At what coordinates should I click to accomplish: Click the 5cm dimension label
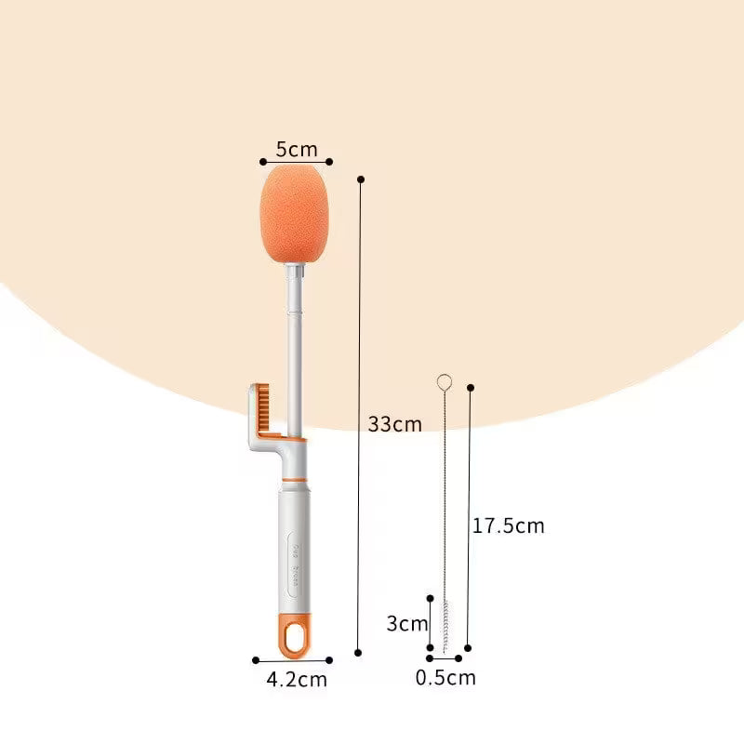(297, 149)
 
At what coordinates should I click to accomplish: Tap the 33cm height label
(394, 424)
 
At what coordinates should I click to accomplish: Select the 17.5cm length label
(508, 525)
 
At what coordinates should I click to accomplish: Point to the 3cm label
(407, 623)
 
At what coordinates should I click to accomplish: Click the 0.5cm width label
(445, 678)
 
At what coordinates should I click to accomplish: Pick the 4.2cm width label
(297, 680)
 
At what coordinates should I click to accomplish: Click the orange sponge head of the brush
(297, 214)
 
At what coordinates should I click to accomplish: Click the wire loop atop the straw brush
(445, 381)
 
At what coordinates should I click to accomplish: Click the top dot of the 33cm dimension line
(361, 179)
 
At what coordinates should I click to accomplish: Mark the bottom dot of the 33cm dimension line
(359, 651)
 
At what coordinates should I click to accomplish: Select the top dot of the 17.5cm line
(471, 387)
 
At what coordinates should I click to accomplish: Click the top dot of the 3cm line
(430, 599)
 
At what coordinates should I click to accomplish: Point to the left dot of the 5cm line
(263, 162)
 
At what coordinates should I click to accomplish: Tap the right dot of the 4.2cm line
(330, 660)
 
